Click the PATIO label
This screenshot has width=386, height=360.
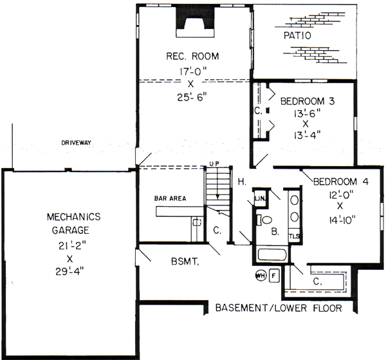coord(297,35)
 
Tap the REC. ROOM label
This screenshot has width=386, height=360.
coord(192,56)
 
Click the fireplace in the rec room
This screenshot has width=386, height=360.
coord(195,22)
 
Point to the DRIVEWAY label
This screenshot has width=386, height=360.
coord(76,143)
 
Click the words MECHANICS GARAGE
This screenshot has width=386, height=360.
coord(73,223)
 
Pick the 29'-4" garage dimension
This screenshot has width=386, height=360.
coord(69,272)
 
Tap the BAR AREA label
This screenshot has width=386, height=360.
coord(170,198)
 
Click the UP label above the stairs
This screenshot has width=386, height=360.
coord(214,164)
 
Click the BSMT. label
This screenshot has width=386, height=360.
coord(185,261)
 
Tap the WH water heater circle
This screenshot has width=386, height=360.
coord(261,276)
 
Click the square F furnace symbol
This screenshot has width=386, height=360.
coord(274,276)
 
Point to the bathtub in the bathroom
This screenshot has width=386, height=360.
coord(272,254)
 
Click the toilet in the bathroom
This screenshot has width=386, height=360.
coord(264,220)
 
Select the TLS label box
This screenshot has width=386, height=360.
coord(294,236)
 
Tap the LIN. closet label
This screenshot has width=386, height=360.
coord(260,198)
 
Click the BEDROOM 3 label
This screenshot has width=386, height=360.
coord(308,101)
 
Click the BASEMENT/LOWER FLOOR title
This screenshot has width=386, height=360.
coord(279,308)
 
